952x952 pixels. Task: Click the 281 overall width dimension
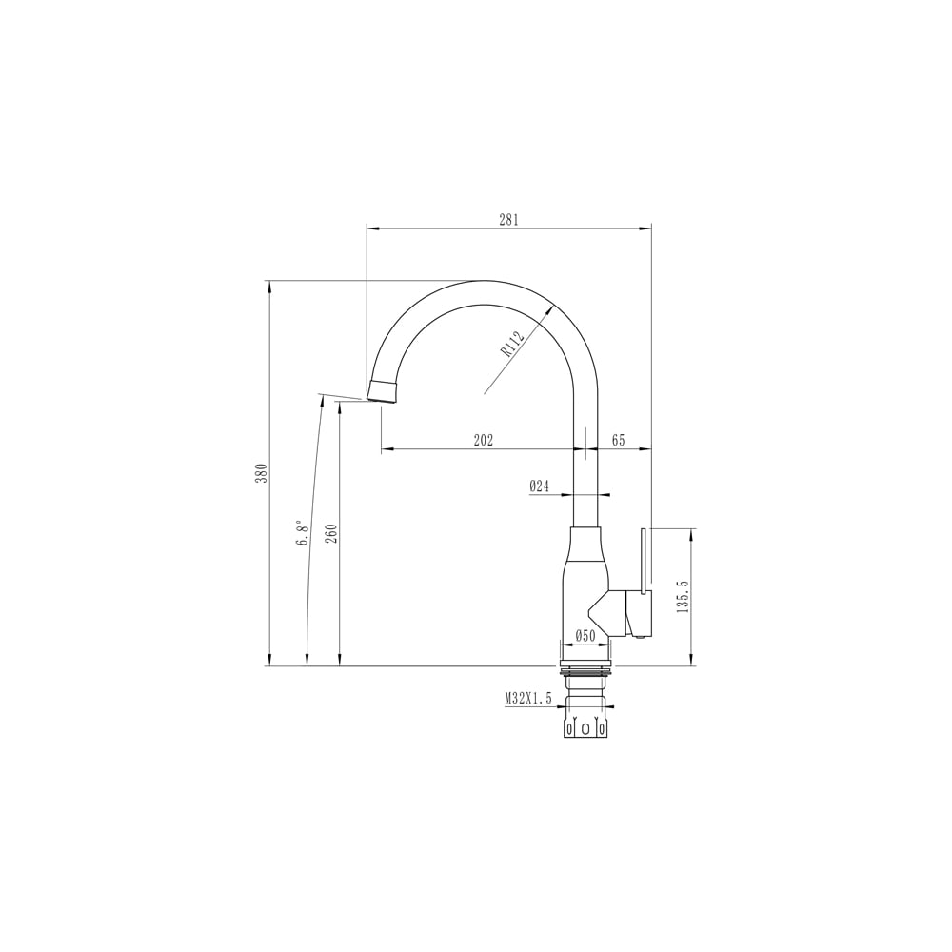click(508, 220)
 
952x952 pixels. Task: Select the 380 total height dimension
click(261, 473)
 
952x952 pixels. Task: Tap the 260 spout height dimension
click(331, 533)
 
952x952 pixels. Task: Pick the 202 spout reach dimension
click(484, 440)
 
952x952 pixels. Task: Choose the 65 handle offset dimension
click(618, 440)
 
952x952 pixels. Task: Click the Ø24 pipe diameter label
click(539, 486)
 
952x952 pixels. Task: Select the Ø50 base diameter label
click(585, 636)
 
